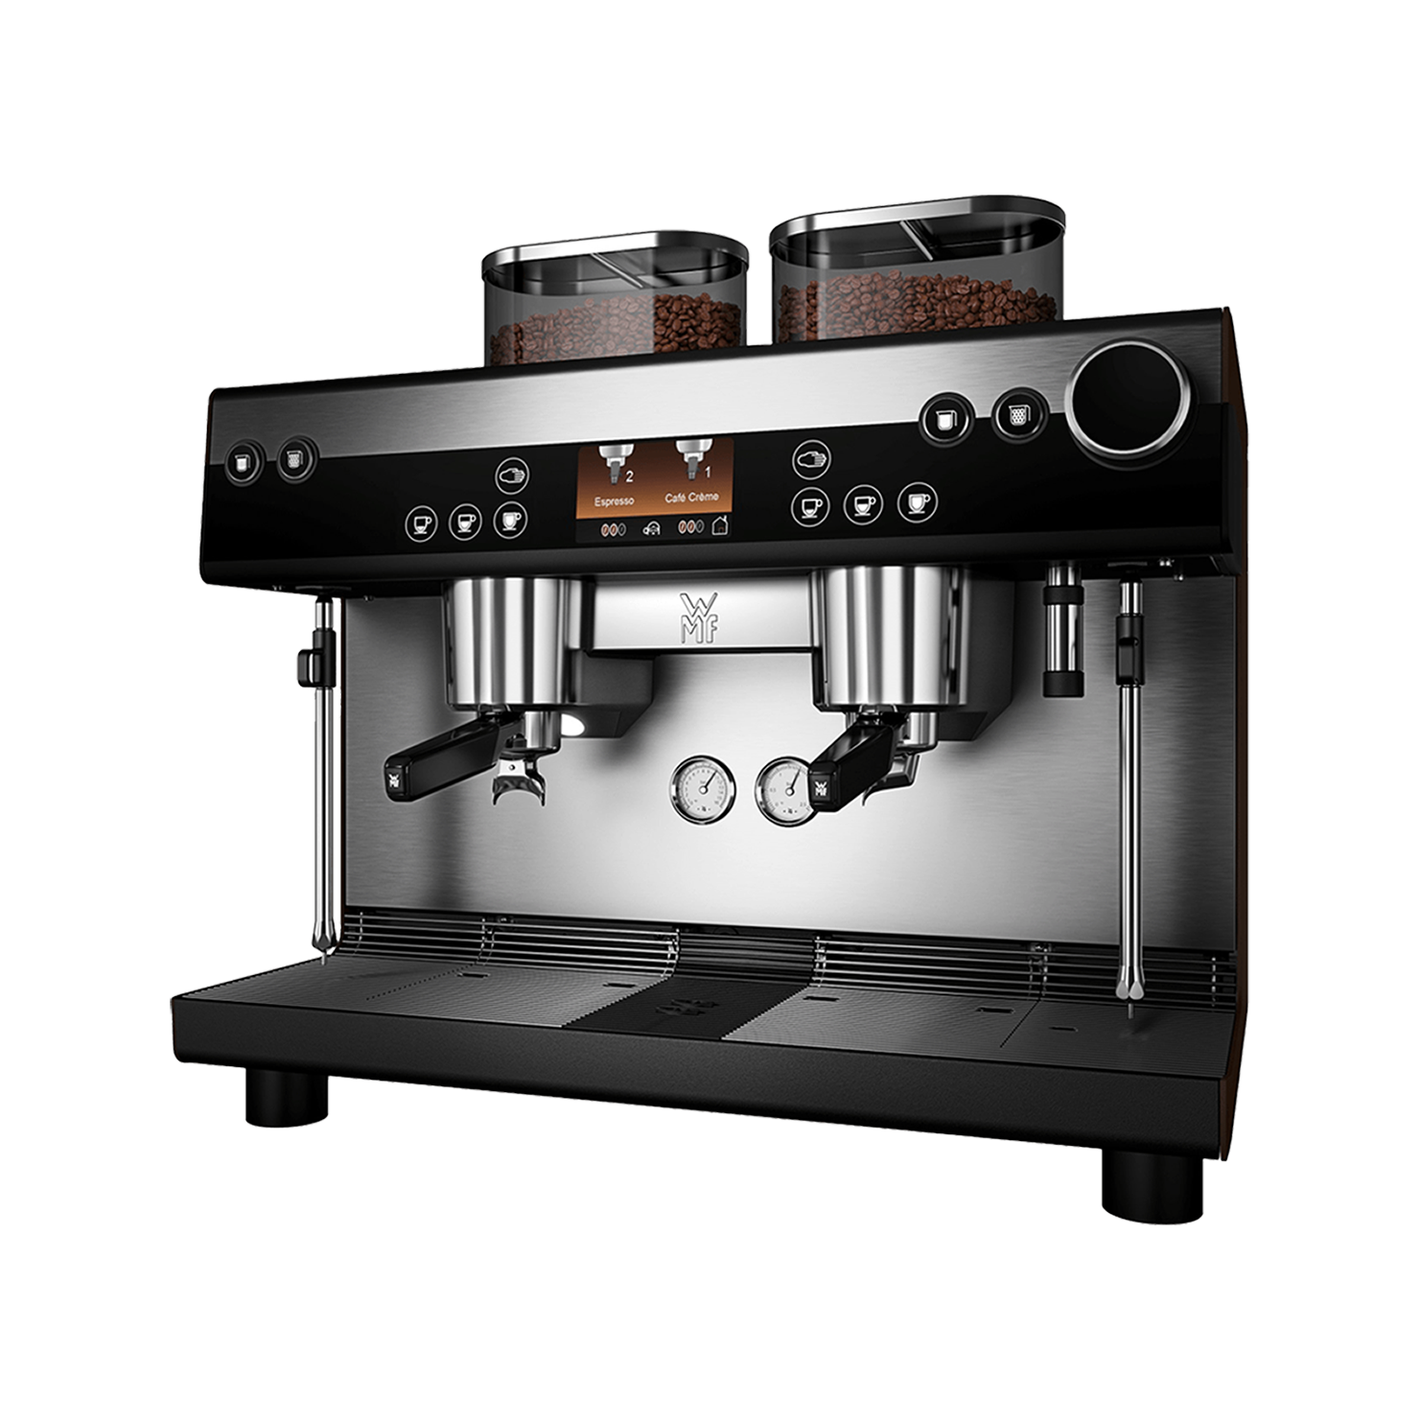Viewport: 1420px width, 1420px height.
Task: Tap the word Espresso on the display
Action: point(614,500)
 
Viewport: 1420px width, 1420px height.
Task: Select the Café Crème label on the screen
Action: point(690,498)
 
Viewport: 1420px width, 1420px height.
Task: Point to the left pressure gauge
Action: point(703,789)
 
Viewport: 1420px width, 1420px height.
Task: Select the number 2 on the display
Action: point(630,475)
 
